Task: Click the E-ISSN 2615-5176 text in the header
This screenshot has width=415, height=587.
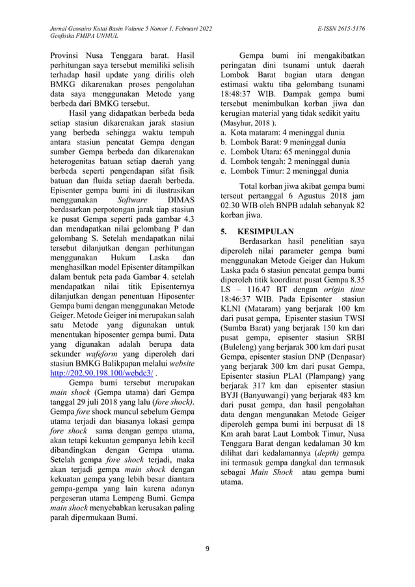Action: [x=341, y=29]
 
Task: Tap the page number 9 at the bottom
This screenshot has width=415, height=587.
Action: [x=207, y=548]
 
